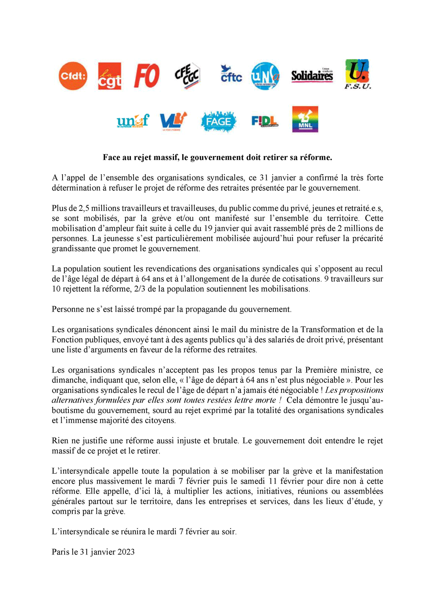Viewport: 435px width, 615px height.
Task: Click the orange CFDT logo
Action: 73,76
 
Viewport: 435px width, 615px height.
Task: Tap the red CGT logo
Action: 110,76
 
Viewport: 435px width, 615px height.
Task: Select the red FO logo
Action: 147,76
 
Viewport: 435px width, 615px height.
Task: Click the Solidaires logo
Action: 312,75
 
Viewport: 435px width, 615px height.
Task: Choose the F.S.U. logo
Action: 357,74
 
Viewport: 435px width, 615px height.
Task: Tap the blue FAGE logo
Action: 218,121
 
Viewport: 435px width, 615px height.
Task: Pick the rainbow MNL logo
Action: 305,119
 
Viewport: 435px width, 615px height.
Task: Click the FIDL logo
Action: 265,121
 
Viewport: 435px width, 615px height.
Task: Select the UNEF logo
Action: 133,121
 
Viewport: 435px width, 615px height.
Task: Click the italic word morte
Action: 265,400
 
